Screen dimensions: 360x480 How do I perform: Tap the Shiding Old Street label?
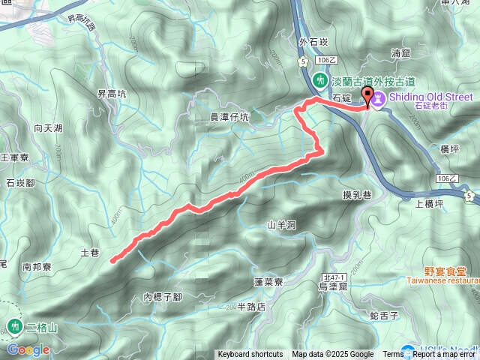pos(430,97)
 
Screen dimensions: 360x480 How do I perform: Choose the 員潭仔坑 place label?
pos(229,117)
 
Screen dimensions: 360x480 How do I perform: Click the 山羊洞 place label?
pos(282,224)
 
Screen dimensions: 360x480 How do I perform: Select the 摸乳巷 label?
pos(357,195)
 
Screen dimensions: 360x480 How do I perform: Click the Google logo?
pos(28,349)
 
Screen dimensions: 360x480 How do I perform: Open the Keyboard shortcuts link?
pos(250,355)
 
